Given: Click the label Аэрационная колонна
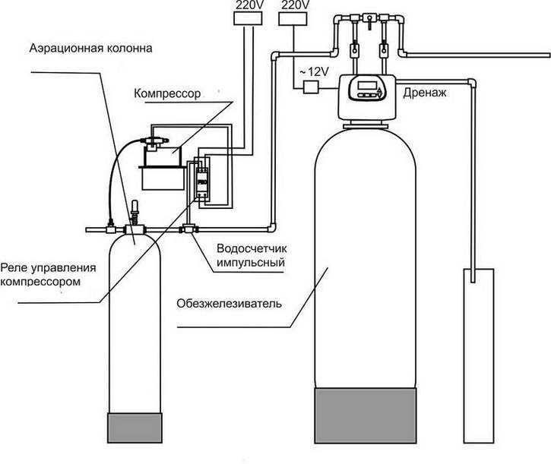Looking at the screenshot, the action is [x=90, y=49].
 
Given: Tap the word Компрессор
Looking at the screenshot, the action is [x=167, y=93].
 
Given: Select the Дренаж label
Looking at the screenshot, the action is [x=425, y=93].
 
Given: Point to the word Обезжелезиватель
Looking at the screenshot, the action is [x=229, y=303].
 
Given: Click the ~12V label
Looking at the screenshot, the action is [x=313, y=72].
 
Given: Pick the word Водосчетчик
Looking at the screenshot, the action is [x=252, y=248].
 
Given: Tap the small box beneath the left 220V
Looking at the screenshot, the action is [x=248, y=18].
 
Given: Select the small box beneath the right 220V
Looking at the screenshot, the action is [x=293, y=18].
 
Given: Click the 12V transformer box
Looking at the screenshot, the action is [x=311, y=87].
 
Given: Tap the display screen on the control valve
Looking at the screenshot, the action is [x=367, y=85].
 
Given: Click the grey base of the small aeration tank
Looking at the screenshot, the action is [x=135, y=428].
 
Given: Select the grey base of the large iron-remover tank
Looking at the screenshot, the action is [x=366, y=415].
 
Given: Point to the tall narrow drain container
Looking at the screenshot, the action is [x=479, y=356].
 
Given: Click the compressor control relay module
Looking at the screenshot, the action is [x=202, y=180].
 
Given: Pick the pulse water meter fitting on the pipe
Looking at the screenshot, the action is [x=189, y=229].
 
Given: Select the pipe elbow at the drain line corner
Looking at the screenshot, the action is [x=472, y=84].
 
